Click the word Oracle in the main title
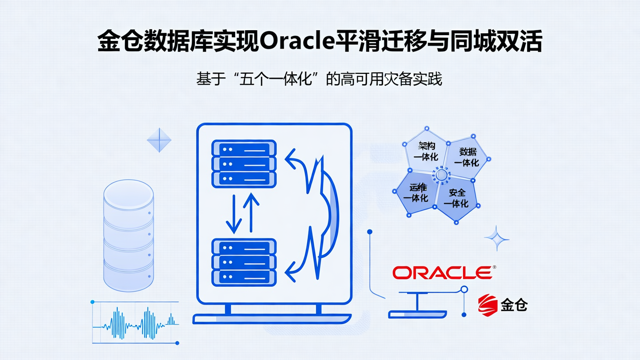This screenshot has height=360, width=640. (x=296, y=42)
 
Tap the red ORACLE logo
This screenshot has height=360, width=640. (x=442, y=272)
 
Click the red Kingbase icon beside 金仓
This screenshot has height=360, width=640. (x=488, y=304)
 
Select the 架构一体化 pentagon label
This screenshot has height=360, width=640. (x=426, y=152)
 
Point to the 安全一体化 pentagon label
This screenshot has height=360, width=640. (x=457, y=198)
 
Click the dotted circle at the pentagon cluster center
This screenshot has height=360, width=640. (x=441, y=175)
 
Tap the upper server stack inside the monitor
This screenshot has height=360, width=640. (x=244, y=163)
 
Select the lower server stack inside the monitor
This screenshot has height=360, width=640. (x=244, y=262)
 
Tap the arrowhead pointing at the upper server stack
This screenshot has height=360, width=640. (x=291, y=159)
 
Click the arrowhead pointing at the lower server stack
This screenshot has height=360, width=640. (x=291, y=270)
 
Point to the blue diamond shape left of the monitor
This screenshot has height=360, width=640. (x=159, y=140)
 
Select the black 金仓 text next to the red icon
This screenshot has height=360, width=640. (x=514, y=305)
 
